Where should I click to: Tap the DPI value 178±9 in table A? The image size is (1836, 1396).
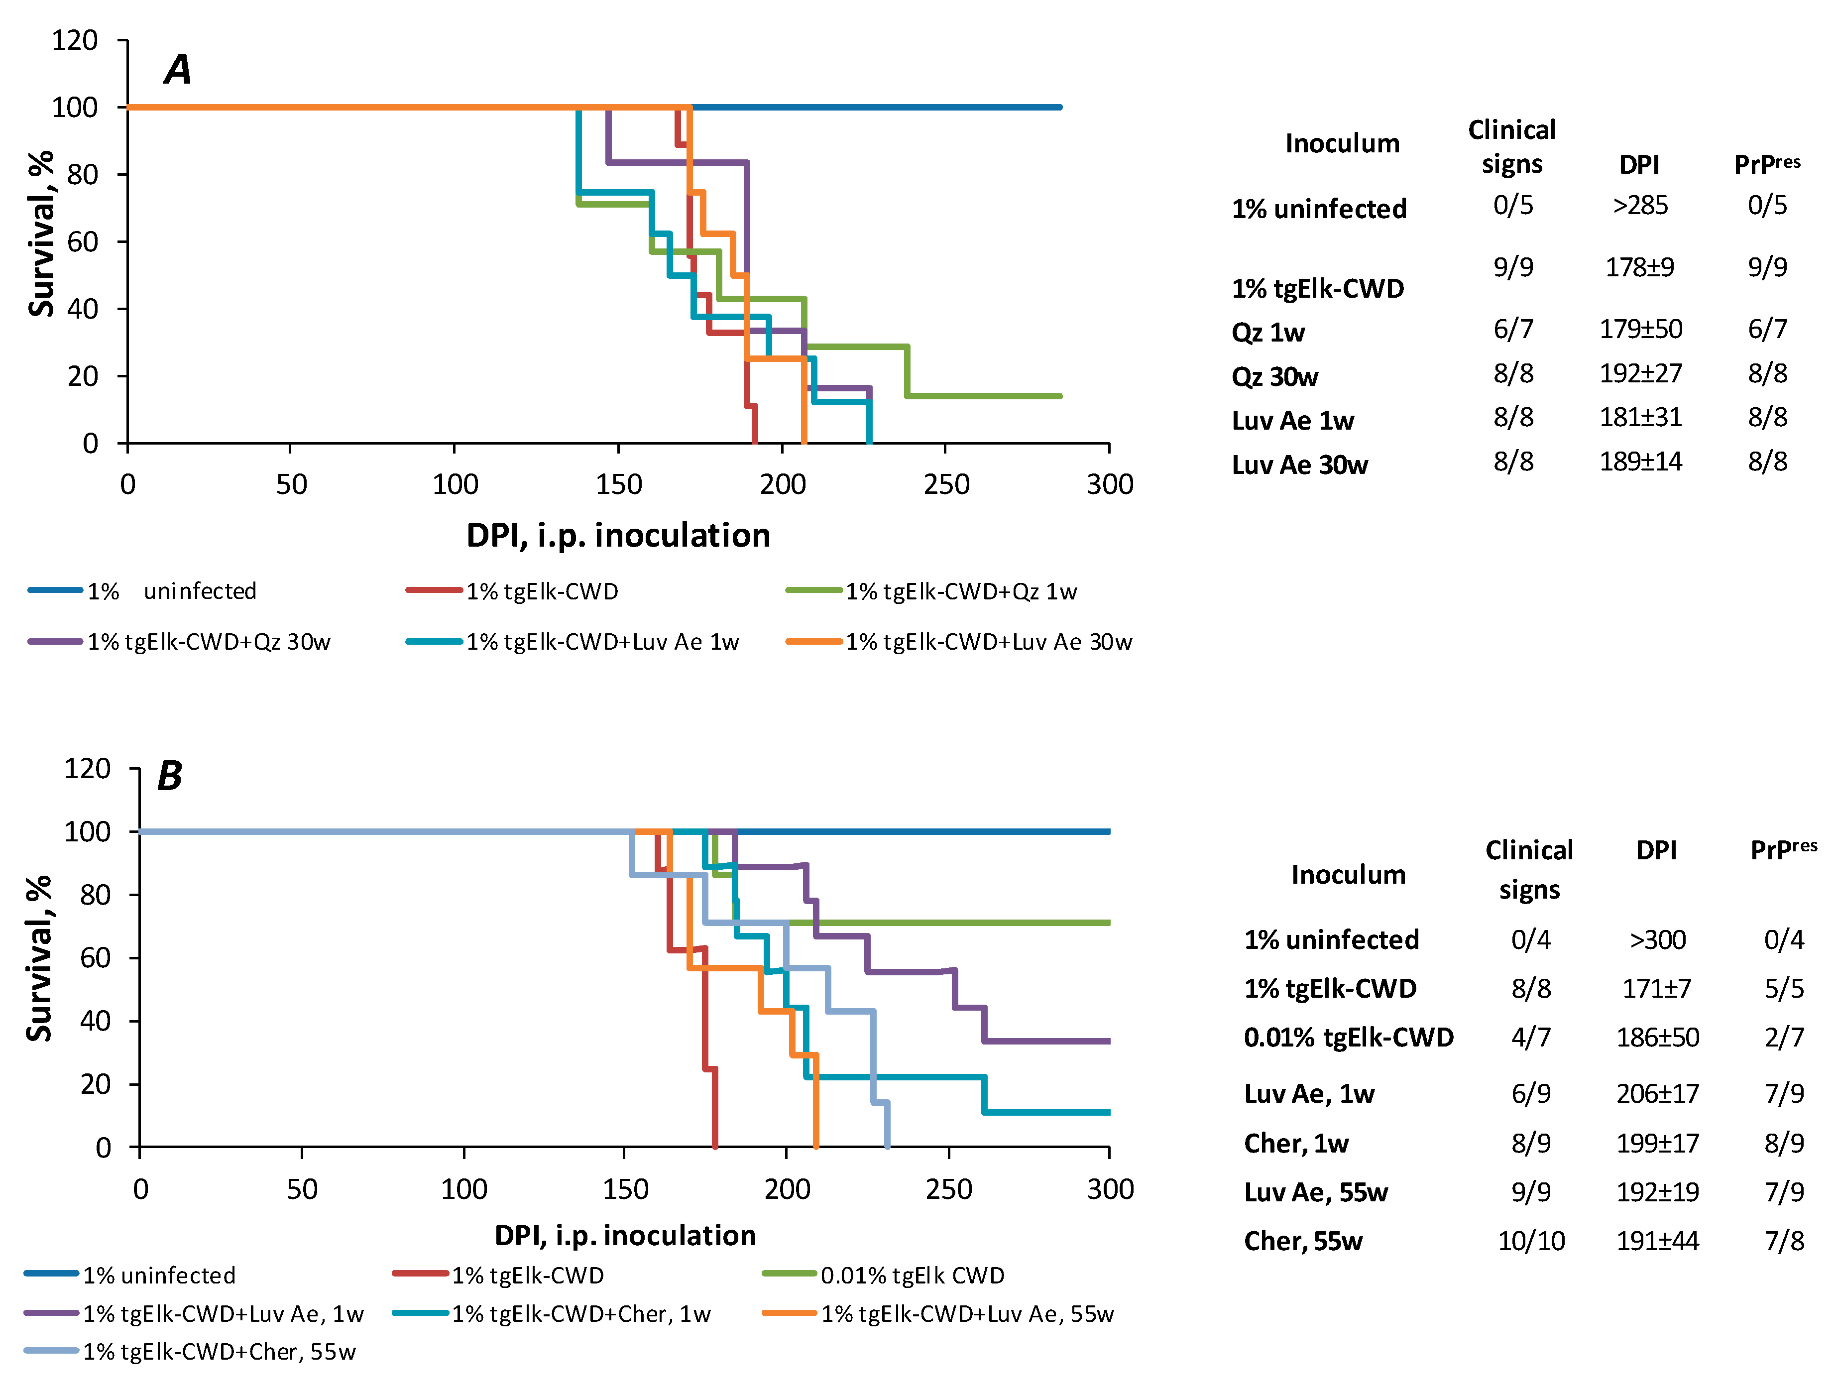[x=1639, y=267]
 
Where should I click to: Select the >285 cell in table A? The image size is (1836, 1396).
[x=1640, y=205]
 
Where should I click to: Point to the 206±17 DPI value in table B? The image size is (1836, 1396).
[x=1657, y=1093]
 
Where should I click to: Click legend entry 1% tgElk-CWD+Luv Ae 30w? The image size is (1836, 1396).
[x=959, y=642]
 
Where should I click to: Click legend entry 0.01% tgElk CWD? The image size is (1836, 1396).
[x=884, y=1276]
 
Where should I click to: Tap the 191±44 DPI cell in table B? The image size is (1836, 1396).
[x=1657, y=1241]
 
